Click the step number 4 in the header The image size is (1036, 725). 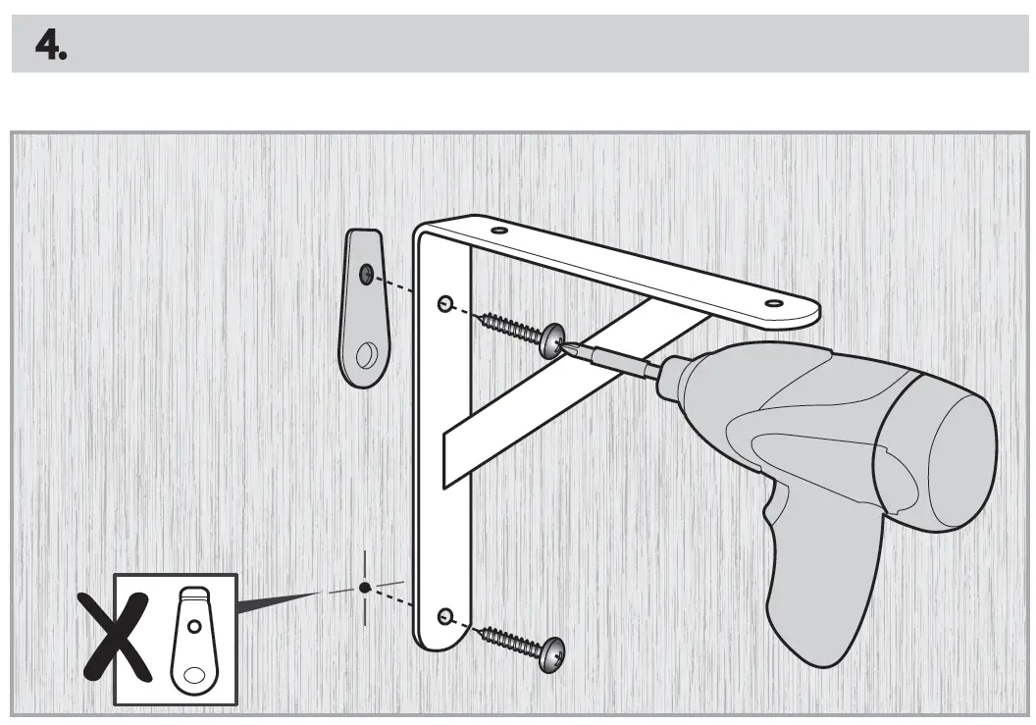click(50, 44)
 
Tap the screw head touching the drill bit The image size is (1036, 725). click(552, 338)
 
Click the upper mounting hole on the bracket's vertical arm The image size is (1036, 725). click(445, 303)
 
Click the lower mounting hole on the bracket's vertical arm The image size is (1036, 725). click(446, 616)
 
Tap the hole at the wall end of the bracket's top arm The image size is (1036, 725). click(499, 232)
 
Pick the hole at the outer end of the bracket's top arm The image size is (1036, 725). click(773, 305)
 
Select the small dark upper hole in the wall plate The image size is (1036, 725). click(365, 273)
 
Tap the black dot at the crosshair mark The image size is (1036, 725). click(365, 587)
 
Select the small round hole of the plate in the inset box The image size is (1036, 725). click(195, 624)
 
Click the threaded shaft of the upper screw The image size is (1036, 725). click(511, 326)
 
